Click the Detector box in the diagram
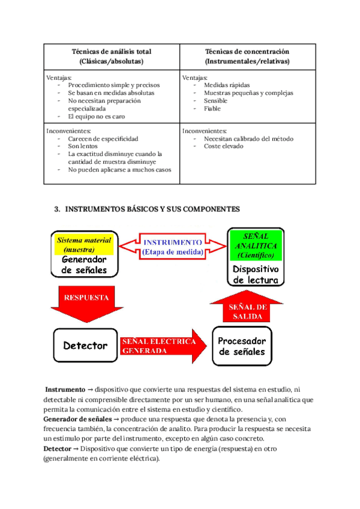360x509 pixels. (85, 345)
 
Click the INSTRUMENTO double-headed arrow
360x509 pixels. (173, 246)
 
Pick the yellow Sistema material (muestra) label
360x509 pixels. (84, 244)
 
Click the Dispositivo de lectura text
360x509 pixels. (256, 274)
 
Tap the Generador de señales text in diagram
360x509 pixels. (84, 265)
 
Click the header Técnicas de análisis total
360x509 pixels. (111, 56)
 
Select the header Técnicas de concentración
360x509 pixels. (247, 56)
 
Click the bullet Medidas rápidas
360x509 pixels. (227, 85)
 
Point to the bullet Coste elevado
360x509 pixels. (223, 146)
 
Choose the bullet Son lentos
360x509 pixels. (82, 146)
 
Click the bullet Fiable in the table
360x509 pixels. (212, 109)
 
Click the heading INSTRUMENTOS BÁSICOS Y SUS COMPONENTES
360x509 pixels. (151, 209)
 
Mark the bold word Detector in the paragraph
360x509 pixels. (59, 449)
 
